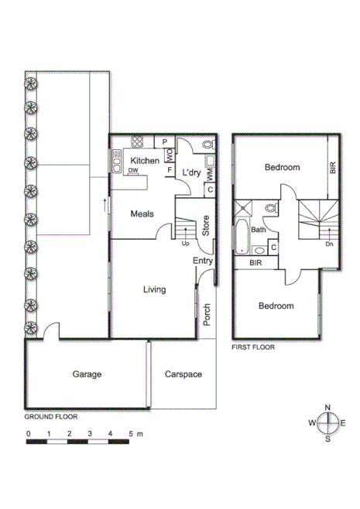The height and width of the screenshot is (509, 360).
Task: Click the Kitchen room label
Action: pos(145,160)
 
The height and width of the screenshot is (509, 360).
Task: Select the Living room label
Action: pos(155,290)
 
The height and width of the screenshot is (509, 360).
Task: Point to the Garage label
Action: pos(87,374)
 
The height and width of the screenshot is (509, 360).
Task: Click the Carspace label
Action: pos(183,374)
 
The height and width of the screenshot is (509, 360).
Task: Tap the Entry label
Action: pos(203,261)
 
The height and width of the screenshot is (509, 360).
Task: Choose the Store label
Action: pos(206,225)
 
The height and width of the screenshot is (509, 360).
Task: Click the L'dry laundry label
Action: pos(191,173)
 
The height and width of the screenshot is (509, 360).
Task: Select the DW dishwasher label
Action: pos(133,171)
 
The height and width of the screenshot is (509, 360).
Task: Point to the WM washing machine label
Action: pos(209,174)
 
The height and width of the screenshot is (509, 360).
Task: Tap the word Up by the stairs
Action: pos(186,244)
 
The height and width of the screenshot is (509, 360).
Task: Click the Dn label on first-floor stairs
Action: pos(329,244)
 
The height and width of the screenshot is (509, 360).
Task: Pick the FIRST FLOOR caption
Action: pos(253,347)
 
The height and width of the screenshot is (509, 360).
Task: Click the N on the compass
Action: pos(327,407)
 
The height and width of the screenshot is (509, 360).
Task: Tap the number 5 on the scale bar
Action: pos(132,433)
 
